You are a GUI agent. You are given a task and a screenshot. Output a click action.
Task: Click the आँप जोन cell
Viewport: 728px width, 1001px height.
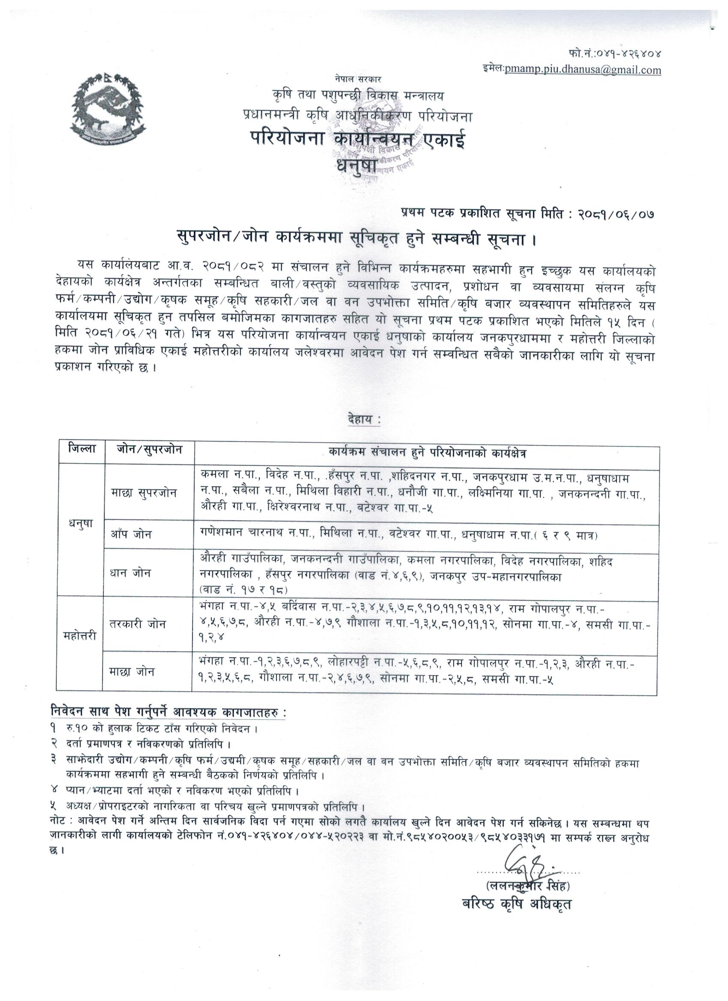[131, 534]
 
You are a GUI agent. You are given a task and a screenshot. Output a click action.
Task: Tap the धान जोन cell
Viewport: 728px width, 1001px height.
[131, 573]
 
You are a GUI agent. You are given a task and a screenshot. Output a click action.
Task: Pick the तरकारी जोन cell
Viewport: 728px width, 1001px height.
[138, 625]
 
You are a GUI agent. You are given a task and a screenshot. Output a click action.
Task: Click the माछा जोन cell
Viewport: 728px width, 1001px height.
[132, 672]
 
